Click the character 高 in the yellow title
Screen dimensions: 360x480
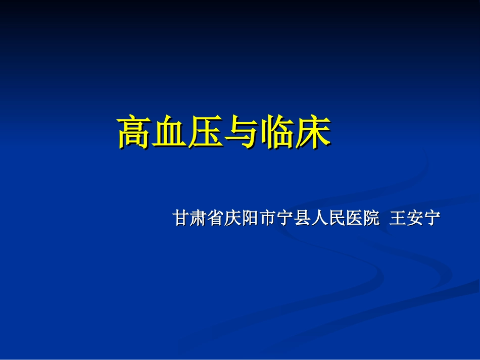tap(135, 133)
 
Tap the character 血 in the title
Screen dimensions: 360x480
tap(170, 133)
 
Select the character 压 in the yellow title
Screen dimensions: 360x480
tap(206, 133)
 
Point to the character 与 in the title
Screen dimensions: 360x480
tap(242, 133)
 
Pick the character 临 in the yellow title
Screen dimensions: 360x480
tap(277, 133)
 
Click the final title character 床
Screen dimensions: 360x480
tap(313, 133)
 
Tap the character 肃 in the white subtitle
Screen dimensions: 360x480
tap(199, 218)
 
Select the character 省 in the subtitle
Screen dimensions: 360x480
tap(216, 218)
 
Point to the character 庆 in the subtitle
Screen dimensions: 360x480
tap(233, 218)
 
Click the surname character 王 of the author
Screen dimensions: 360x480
tap(398, 218)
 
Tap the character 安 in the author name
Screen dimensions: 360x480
tap(415, 218)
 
